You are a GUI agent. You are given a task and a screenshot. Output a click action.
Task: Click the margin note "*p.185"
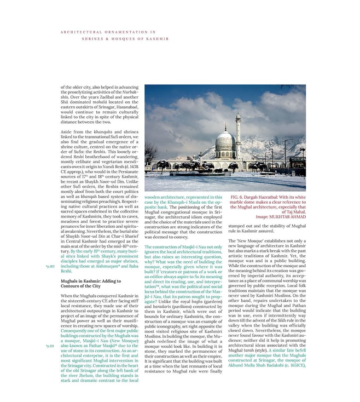click(49, 266)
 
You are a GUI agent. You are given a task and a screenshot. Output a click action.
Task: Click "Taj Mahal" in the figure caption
click(294, 212)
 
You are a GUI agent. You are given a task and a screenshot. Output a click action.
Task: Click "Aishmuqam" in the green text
click(108, 266)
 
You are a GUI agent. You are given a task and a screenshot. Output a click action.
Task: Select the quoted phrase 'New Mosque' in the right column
click(249, 241)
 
